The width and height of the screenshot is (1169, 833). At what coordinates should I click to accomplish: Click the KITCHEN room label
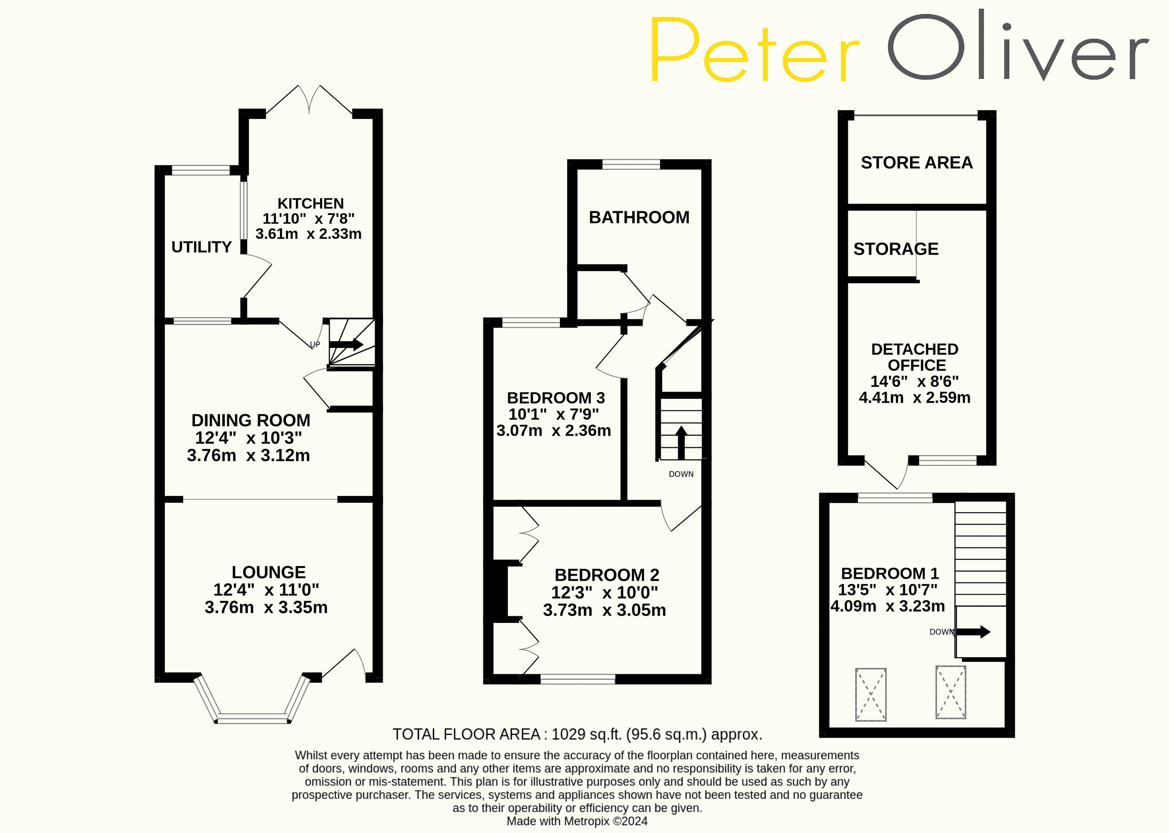[x=310, y=204]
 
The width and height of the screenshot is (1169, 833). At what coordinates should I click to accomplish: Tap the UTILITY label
[x=202, y=247]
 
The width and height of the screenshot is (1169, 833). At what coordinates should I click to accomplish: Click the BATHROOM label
[x=639, y=218]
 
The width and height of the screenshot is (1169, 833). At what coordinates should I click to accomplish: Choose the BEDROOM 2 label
[x=607, y=575]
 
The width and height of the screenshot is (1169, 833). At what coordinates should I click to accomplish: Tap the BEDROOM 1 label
[x=889, y=574]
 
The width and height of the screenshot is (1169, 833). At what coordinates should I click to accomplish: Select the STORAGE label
[x=896, y=249]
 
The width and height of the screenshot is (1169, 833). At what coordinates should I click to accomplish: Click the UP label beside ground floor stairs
[x=315, y=345]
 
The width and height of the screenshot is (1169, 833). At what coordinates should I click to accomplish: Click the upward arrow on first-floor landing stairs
[x=681, y=441]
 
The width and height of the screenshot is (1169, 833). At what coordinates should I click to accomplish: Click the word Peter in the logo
[x=754, y=50]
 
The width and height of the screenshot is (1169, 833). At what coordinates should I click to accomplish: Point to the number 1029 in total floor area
[x=568, y=735]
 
